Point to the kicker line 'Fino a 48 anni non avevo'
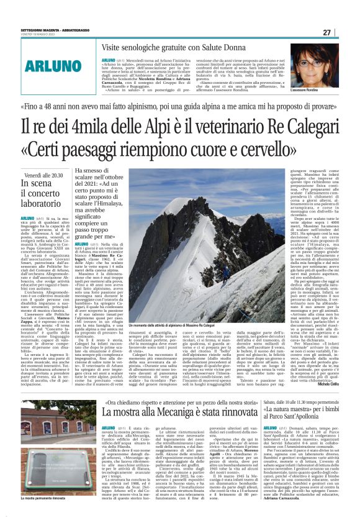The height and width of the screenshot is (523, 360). (x=179, y=106)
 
